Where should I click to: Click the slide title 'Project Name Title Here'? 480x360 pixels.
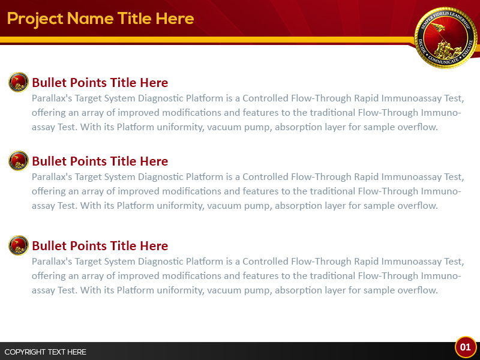click(x=100, y=19)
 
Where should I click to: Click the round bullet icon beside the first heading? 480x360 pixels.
click(x=19, y=82)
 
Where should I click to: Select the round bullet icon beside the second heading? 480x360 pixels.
click(x=19, y=161)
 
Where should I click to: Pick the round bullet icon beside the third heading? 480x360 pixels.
click(x=19, y=245)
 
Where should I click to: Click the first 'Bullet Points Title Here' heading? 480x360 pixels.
click(x=100, y=83)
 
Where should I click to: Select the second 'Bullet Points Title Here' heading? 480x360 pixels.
click(x=100, y=161)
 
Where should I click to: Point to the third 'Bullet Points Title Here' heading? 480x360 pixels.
click(x=100, y=246)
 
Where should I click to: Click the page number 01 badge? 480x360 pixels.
click(x=465, y=347)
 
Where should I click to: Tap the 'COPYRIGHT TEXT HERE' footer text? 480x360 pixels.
click(x=46, y=352)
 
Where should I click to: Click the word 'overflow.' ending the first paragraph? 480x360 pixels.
click(x=417, y=127)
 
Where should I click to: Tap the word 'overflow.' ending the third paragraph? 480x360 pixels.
click(x=417, y=290)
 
